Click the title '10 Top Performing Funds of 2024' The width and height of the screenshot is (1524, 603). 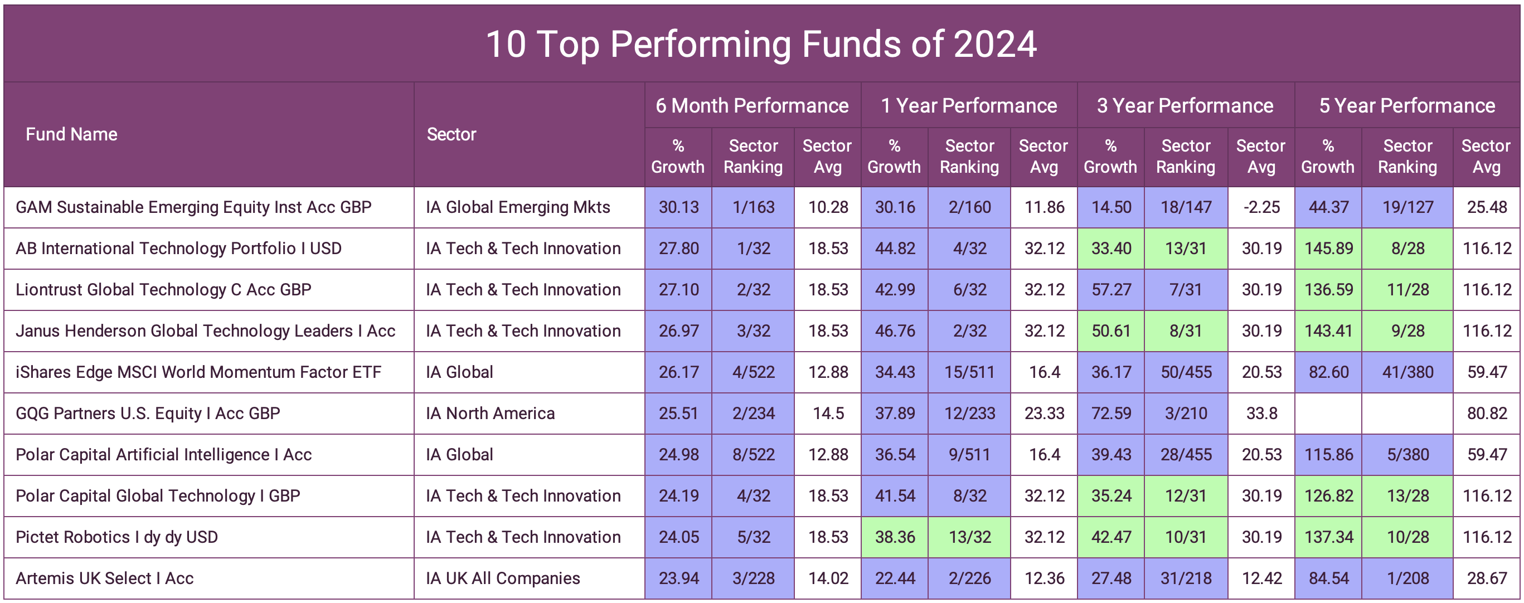click(761, 45)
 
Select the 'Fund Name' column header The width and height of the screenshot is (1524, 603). click(71, 134)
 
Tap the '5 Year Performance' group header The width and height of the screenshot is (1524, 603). click(1406, 105)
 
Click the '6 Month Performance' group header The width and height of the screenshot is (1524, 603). click(751, 105)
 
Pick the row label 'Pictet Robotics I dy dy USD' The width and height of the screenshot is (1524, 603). click(117, 537)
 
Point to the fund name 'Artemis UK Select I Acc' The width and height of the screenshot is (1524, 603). click(105, 578)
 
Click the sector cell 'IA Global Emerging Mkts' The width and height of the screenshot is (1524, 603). click(518, 207)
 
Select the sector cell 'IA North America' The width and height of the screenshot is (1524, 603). click(490, 413)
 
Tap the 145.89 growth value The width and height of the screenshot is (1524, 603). click(1328, 249)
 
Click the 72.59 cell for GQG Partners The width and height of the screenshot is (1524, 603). click(1110, 413)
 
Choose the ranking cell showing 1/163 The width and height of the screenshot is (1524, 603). click(753, 207)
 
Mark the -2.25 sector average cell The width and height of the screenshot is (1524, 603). click(1261, 207)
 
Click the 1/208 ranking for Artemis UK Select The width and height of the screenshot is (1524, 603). click(1407, 578)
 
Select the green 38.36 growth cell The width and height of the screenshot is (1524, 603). click(895, 537)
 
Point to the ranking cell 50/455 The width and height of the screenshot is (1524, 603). click(1186, 372)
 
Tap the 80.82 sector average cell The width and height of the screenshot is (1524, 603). click(1486, 413)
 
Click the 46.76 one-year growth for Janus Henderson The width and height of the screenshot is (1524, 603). click(895, 331)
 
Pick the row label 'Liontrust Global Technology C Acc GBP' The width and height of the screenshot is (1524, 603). click(163, 289)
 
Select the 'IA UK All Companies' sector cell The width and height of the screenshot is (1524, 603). click(502, 578)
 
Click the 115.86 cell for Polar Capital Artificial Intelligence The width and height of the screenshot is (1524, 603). click(1328, 454)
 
